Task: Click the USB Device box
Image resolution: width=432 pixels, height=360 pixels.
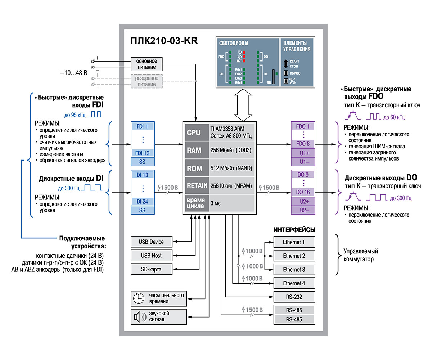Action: [x=152, y=242]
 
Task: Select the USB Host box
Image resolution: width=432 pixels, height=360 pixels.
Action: [x=152, y=255]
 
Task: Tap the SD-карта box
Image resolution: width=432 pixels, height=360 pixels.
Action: [x=152, y=269]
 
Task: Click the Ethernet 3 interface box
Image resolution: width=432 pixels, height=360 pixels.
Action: [x=294, y=269]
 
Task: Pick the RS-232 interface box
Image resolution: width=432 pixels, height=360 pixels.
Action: [x=294, y=297]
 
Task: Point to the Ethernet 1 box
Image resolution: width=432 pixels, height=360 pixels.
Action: [x=294, y=242]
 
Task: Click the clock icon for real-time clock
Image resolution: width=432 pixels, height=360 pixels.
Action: [x=139, y=298]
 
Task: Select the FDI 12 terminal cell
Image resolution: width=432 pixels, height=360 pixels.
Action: [x=142, y=153]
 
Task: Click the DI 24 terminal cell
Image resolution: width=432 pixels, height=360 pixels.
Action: [x=142, y=202]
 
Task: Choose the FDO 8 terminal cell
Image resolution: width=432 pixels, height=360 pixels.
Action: [x=303, y=144]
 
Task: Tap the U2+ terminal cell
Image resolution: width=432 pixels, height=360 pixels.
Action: [x=303, y=202]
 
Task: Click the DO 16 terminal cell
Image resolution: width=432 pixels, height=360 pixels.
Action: [x=303, y=192]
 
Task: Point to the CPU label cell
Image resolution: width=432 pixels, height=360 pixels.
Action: [x=197, y=132]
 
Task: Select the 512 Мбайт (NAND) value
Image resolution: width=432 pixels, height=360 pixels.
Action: [x=231, y=168]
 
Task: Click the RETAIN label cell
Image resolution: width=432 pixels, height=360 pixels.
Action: [x=197, y=185]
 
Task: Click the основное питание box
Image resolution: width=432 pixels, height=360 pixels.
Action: [x=147, y=64]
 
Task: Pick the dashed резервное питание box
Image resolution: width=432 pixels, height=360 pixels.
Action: [x=147, y=81]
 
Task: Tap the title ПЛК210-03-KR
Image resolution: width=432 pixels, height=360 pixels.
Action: [x=164, y=41]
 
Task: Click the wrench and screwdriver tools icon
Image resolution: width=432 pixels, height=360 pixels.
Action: [x=292, y=81]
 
